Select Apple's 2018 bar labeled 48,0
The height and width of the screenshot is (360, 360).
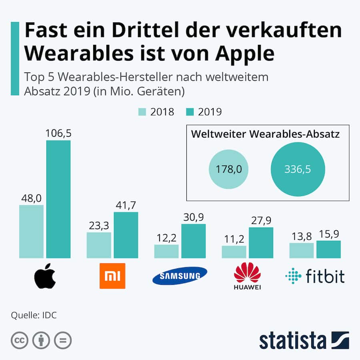[31, 231]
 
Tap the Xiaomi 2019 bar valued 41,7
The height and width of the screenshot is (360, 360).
[126, 235]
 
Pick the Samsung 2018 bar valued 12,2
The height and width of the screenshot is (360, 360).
[166, 251]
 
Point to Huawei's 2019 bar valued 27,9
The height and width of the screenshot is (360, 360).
[261, 242]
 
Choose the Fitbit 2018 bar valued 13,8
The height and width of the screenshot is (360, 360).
[302, 250]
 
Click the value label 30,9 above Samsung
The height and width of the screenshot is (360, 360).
[194, 217]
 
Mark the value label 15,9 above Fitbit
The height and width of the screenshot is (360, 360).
[328, 234]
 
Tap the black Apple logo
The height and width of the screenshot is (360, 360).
[45, 276]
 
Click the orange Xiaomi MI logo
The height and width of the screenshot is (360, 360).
[112, 276]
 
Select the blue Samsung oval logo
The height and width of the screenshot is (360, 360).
[180, 276]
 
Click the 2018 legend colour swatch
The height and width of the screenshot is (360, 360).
[142, 112]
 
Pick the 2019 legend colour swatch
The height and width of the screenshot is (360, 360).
[190, 112]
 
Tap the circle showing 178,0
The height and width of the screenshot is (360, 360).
[228, 169]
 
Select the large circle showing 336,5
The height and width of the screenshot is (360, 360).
[298, 169]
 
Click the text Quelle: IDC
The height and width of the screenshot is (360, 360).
[34, 315]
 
